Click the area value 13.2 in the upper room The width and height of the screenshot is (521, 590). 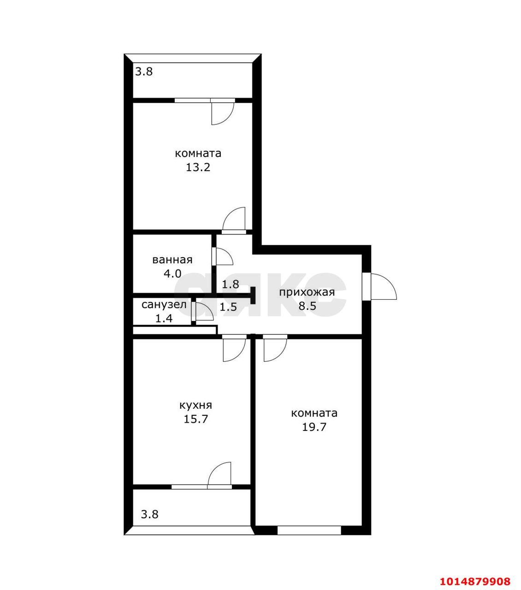click(x=198, y=167)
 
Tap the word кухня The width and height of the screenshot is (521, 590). click(x=195, y=405)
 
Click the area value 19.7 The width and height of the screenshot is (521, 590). click(x=314, y=427)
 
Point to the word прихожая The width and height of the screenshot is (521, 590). click(x=307, y=292)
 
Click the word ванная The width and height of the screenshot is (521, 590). click(x=172, y=260)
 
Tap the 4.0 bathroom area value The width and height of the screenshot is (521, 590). click(x=172, y=274)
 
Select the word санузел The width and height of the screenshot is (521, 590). click(x=164, y=304)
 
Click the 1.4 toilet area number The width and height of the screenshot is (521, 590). click(x=164, y=318)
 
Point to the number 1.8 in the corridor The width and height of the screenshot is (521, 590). click(x=230, y=284)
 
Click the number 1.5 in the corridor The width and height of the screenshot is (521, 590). click(x=228, y=307)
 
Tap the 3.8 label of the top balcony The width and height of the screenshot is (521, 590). click(x=143, y=72)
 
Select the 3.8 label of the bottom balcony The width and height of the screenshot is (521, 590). click(x=149, y=514)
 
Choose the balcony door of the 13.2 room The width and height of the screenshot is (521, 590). click(x=223, y=112)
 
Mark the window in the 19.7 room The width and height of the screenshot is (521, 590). click(x=309, y=531)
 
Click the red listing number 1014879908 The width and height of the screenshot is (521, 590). click(x=475, y=581)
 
